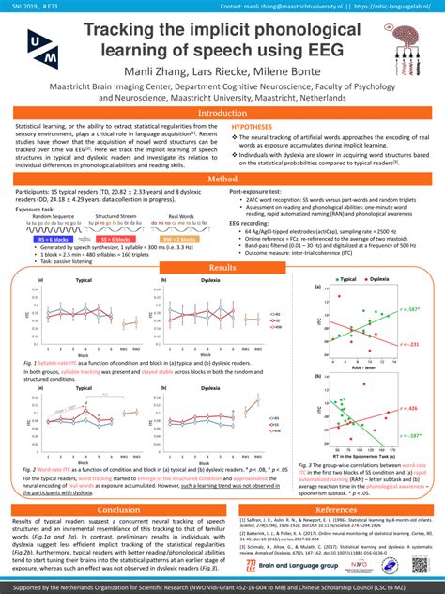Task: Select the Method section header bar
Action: coord(222,179)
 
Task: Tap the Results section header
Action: coord(222,269)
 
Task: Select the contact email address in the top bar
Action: coord(282,7)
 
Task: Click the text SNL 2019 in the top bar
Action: coord(23,7)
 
